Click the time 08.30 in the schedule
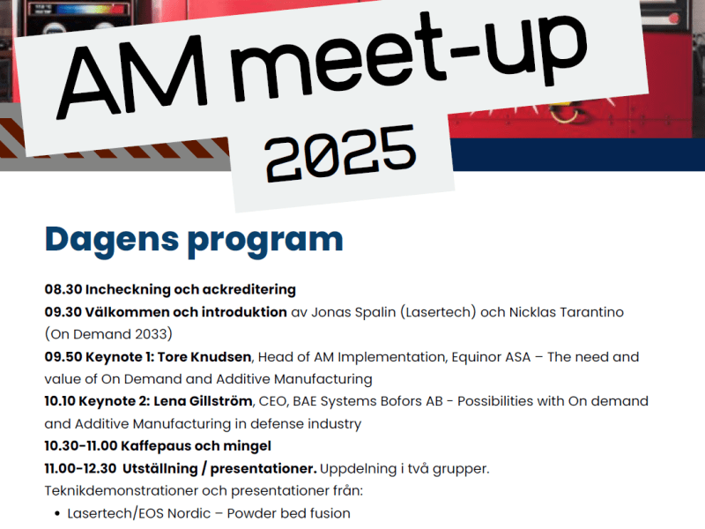(x=62, y=289)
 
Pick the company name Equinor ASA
(x=483, y=357)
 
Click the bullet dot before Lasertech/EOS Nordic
(x=56, y=514)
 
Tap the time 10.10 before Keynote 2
(x=62, y=401)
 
